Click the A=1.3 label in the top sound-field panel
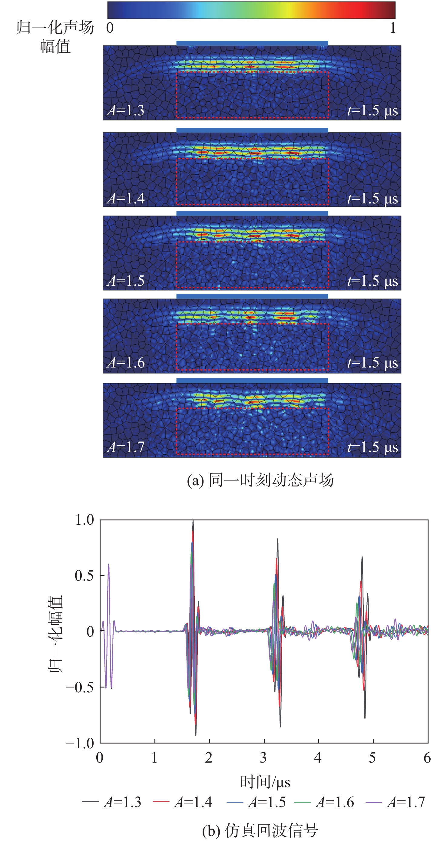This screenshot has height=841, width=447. [126, 110]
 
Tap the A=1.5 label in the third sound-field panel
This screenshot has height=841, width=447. [126, 281]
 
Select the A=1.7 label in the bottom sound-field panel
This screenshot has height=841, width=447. [126, 447]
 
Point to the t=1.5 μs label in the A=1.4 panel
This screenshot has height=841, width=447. [372, 199]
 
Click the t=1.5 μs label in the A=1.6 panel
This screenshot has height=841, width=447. [372, 363]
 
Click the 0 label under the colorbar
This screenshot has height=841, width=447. [110, 28]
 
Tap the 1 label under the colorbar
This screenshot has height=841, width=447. [393, 28]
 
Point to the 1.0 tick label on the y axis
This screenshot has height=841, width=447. [84, 520]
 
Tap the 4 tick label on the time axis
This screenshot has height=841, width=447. [318, 758]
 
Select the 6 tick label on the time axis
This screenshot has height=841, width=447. [427, 758]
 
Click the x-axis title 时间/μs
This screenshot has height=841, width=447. [265, 782]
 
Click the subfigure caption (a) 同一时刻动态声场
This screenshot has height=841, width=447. [260, 480]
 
